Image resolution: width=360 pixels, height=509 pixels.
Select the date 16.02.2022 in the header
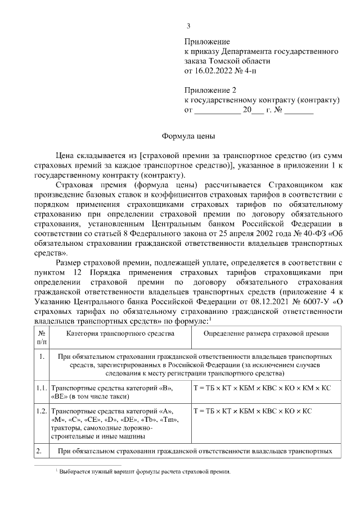coord(215,71)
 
